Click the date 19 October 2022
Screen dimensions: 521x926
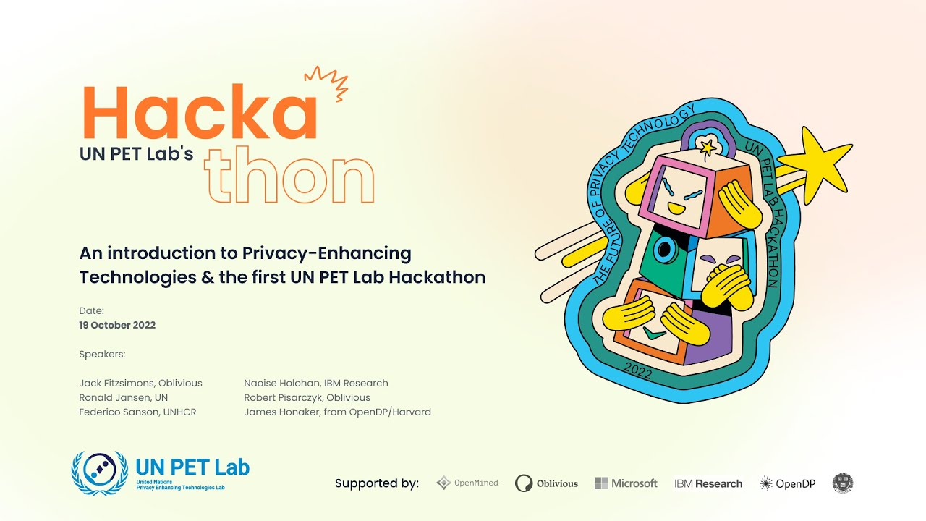[x=117, y=325]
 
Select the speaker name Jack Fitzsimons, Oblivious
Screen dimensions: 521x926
[x=140, y=383]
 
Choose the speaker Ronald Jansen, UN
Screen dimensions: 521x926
[x=123, y=397]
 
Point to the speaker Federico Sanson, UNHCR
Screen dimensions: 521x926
[x=137, y=412]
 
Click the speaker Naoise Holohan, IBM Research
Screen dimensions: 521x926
[x=316, y=383]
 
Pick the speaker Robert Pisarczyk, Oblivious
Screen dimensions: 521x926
[x=307, y=397]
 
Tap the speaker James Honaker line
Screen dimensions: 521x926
[x=337, y=412]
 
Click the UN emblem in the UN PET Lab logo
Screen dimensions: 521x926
[x=100, y=473]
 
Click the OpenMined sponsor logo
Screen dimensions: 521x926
[x=467, y=483]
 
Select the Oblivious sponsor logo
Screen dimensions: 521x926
[x=546, y=483]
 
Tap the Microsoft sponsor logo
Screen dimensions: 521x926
[x=626, y=483]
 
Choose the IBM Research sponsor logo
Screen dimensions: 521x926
[x=708, y=483]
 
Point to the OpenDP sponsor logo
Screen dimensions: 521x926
[x=787, y=483]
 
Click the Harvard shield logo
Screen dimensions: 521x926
[x=843, y=483]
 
